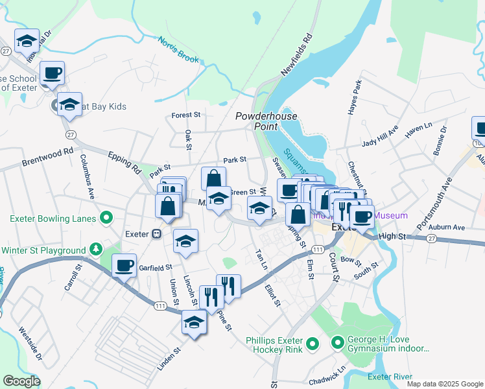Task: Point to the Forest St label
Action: [x=186, y=115]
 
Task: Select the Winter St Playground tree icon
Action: [x=96, y=250]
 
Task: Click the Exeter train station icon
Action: [x=156, y=234]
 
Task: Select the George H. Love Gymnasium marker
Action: [x=337, y=342]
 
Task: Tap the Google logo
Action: [x=21, y=381]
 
